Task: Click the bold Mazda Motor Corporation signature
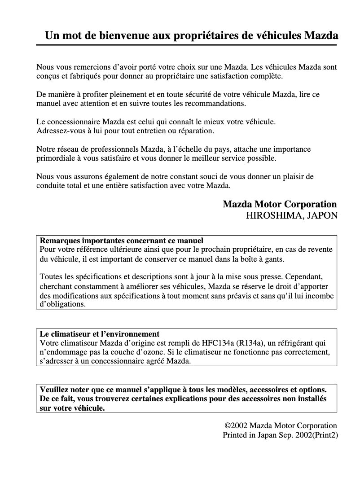click(x=280, y=204)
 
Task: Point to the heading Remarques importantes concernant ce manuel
click(x=122, y=241)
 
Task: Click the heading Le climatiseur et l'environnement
click(x=100, y=334)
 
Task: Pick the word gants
click(x=274, y=259)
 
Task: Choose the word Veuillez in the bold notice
click(x=54, y=389)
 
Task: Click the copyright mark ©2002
click(x=236, y=425)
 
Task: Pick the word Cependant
click(x=307, y=277)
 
